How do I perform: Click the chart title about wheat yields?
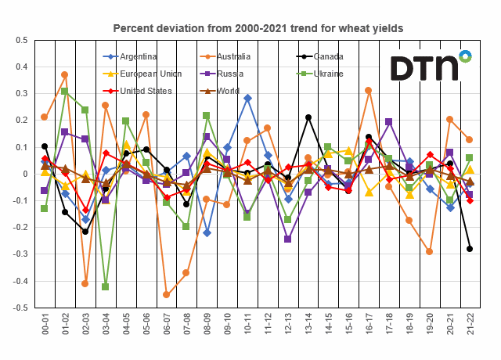pyautogui.click(x=258, y=28)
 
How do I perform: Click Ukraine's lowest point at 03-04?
pyautogui.click(x=106, y=286)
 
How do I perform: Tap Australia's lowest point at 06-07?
pyautogui.click(x=166, y=295)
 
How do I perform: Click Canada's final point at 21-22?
pyautogui.click(x=470, y=249)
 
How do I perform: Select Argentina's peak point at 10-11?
pyautogui.click(x=247, y=98)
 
